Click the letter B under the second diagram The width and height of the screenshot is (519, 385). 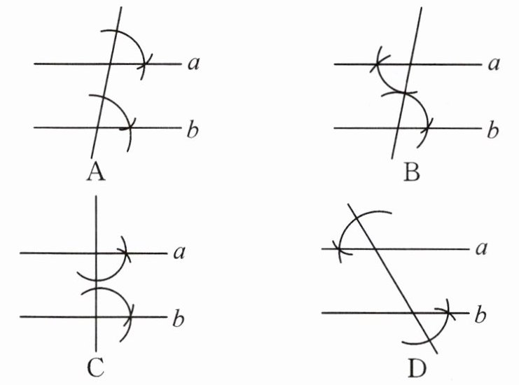411,171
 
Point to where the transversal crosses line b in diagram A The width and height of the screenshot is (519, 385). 98,128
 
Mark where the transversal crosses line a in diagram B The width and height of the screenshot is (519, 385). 410,64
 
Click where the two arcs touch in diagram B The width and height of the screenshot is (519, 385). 402,92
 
